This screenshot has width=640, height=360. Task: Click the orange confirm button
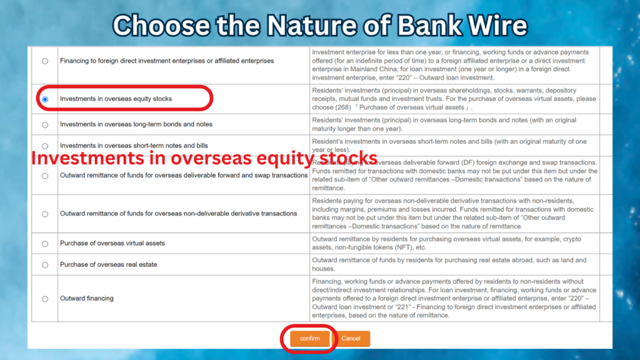pos(309,338)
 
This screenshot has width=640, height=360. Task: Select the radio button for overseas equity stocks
pos(45,99)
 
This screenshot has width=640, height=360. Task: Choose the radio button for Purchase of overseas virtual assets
pos(45,243)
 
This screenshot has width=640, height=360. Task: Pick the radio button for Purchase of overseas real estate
pos(45,264)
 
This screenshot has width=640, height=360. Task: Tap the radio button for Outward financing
pos(45,299)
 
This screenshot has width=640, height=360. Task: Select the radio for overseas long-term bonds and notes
pos(45,124)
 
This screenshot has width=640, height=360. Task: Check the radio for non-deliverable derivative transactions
pos(45,214)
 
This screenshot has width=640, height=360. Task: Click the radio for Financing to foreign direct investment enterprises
pos(45,61)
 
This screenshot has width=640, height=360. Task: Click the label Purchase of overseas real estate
pos(108,264)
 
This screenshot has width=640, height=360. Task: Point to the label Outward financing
pos(86,299)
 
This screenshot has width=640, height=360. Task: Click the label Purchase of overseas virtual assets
pos(112,243)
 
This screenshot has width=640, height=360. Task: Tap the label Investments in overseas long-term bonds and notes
pos(136,124)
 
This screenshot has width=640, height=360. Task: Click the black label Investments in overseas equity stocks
pos(116,99)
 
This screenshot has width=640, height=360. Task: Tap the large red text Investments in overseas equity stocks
pos(204,159)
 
